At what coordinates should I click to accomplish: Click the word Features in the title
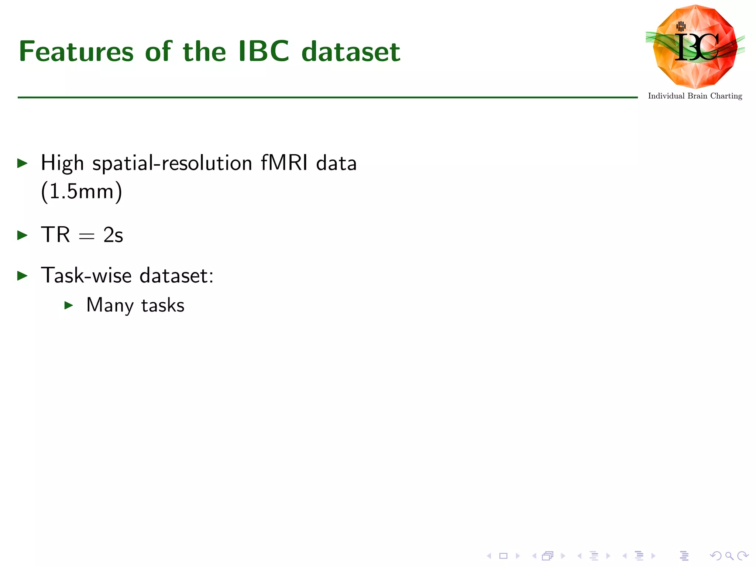(76, 51)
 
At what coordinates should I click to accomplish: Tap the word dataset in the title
(351, 51)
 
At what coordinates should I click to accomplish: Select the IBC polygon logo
(695, 47)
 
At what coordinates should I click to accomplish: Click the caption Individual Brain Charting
(695, 96)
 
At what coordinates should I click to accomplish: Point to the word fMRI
(284, 163)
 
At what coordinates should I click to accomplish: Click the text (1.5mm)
(81, 192)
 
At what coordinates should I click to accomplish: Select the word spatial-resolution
(172, 164)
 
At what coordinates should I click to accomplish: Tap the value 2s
(113, 235)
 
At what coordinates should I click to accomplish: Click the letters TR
(55, 235)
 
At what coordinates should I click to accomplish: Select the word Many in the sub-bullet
(110, 306)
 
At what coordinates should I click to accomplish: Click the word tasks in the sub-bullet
(163, 306)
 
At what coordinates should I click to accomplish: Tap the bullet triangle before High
(23, 163)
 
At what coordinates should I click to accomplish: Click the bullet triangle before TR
(23, 235)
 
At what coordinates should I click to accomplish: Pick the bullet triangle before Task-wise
(23, 275)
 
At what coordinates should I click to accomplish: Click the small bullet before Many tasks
(69, 305)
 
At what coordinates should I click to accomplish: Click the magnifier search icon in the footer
(729, 556)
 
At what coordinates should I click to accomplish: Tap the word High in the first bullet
(62, 164)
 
